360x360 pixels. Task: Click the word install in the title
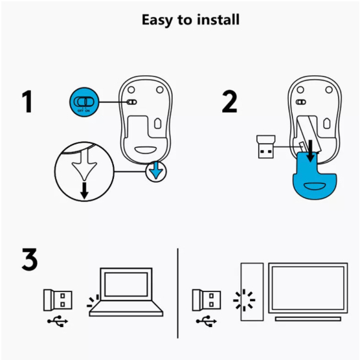pos(218,19)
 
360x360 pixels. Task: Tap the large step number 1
pos(27,102)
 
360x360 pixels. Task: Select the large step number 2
pos(229,102)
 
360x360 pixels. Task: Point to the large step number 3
pos(30,259)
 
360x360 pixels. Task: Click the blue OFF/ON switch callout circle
pos(84,102)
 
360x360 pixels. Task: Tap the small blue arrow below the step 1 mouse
pos(156,170)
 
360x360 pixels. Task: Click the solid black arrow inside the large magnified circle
pos(84,190)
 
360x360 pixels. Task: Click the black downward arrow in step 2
pos(310,151)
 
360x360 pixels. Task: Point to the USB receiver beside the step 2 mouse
pos(265,147)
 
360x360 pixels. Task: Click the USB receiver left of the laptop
pos(58,300)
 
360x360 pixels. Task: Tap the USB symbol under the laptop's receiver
pos(58,321)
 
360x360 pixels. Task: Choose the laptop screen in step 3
pos(126,284)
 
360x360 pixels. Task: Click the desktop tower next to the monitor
pos(252,291)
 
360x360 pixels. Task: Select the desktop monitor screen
pos(308,288)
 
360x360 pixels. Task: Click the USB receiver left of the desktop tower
pos(207,300)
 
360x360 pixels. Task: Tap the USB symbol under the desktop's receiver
pos(207,321)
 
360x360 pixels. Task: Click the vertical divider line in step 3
pos(177,293)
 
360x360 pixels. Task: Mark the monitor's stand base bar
pos(308,319)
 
